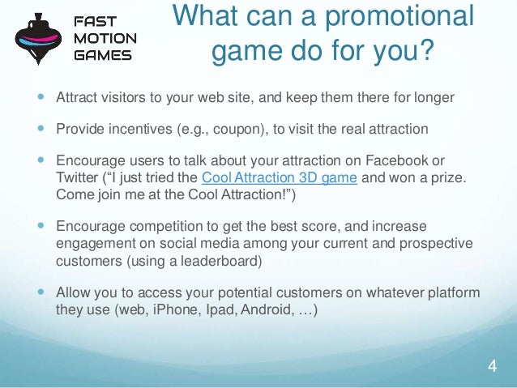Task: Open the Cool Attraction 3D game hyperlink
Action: [x=279, y=178]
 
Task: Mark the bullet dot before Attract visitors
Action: [x=38, y=98]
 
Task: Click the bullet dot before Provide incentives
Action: [x=38, y=129]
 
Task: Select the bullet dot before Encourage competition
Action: [x=38, y=225]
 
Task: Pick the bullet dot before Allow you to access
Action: [x=38, y=292]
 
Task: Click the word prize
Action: [x=466, y=178]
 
